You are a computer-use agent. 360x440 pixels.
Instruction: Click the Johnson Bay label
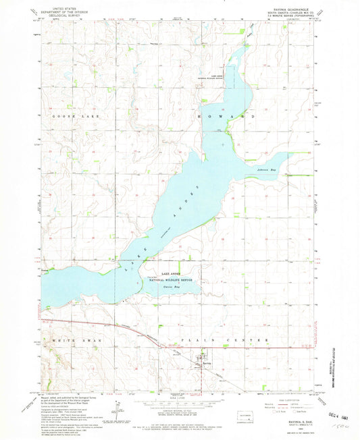coord(267,169)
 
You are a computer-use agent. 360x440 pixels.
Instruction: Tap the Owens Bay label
coord(172,287)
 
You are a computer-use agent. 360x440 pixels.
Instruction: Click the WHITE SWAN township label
coord(74,341)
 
